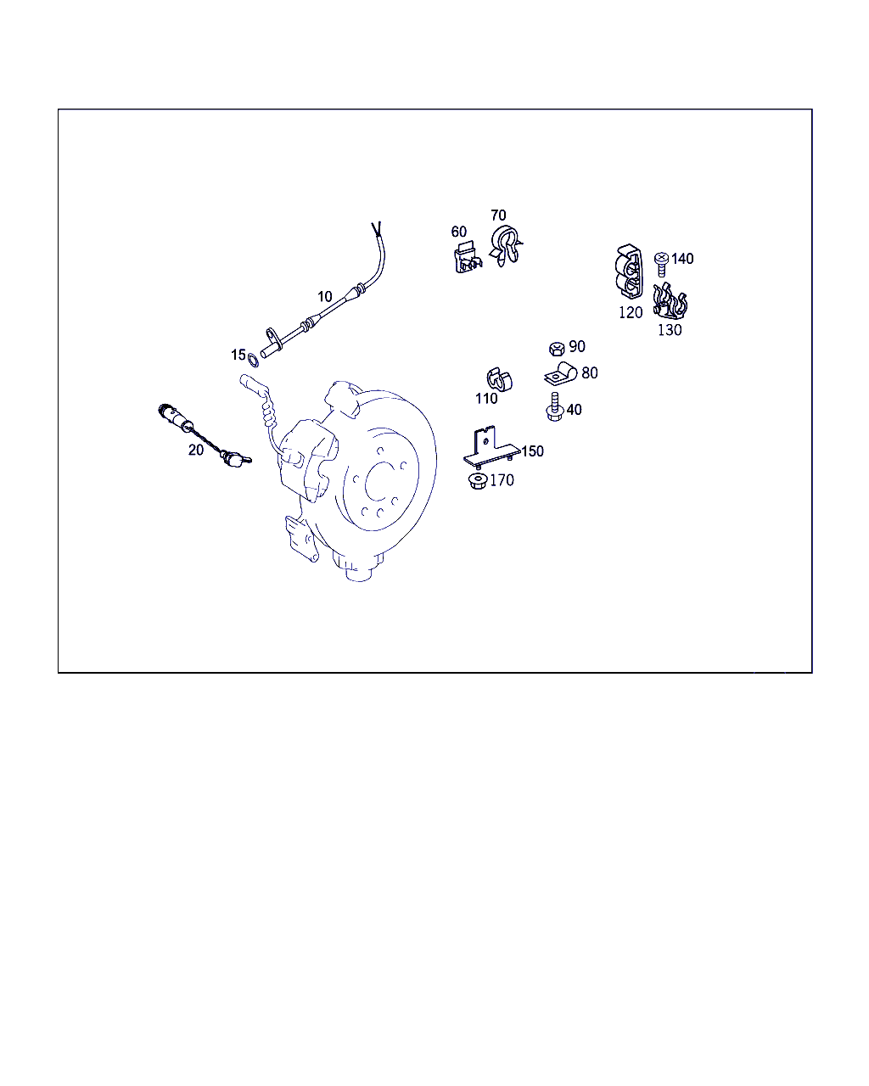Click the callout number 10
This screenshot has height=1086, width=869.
[325, 296]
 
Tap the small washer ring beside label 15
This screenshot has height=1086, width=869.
[254, 361]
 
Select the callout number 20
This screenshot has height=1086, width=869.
[196, 450]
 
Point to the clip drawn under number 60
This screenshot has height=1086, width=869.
[468, 258]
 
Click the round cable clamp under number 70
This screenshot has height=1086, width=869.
[506, 246]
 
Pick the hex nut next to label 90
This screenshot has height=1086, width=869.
[557, 349]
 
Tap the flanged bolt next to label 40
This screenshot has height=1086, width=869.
[555, 406]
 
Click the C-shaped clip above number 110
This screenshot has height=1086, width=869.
[499, 379]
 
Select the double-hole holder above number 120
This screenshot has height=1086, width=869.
[629, 272]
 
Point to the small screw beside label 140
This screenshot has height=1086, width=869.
[661, 265]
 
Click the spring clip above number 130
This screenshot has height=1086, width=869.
[670, 301]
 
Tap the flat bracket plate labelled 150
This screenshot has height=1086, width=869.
[491, 448]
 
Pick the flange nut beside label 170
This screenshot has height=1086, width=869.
[478, 481]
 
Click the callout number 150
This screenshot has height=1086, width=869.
[532, 451]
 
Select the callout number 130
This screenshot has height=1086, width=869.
[670, 330]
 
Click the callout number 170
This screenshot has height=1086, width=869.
[502, 480]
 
